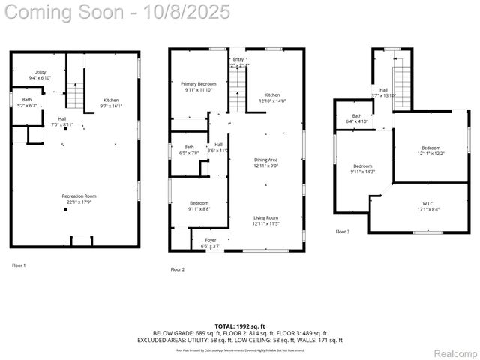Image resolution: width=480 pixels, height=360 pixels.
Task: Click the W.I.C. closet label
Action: pos(425,206)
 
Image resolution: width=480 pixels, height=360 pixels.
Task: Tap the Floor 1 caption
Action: pos(19,265)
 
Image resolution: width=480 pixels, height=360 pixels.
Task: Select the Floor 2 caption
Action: pos(178,269)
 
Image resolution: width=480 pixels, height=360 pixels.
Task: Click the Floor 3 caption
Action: pos(343,232)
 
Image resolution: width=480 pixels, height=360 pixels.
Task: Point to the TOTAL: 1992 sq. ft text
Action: pos(240,326)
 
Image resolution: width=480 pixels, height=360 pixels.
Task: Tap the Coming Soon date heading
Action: pos(115,13)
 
